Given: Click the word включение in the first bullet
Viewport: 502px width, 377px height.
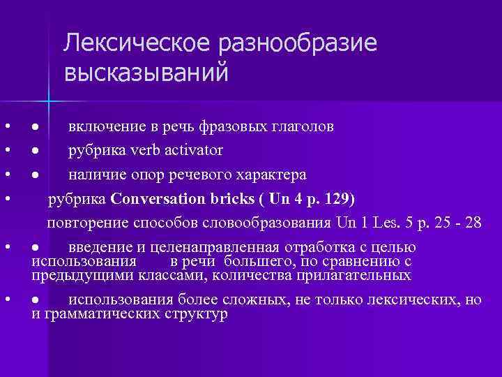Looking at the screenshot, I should pyautogui.click(x=102, y=127).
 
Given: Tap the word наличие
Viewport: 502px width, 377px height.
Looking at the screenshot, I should pyautogui.click(x=97, y=174).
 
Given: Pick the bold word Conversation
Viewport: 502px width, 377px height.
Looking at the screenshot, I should pyautogui.click(x=157, y=199).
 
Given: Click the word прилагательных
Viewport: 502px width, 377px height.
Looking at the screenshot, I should pyautogui.click(x=355, y=275).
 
